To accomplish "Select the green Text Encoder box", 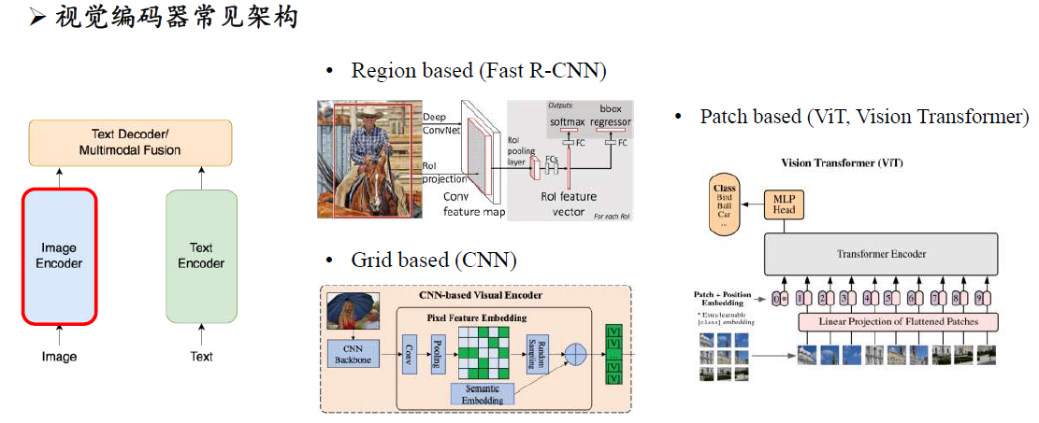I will [201, 256].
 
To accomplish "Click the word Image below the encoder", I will [60, 357].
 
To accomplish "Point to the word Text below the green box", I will [201, 357].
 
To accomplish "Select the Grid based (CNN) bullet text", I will [434, 260].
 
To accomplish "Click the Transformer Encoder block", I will [882, 252].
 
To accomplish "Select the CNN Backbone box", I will [352, 355].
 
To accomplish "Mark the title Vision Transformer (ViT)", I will [842, 162].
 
